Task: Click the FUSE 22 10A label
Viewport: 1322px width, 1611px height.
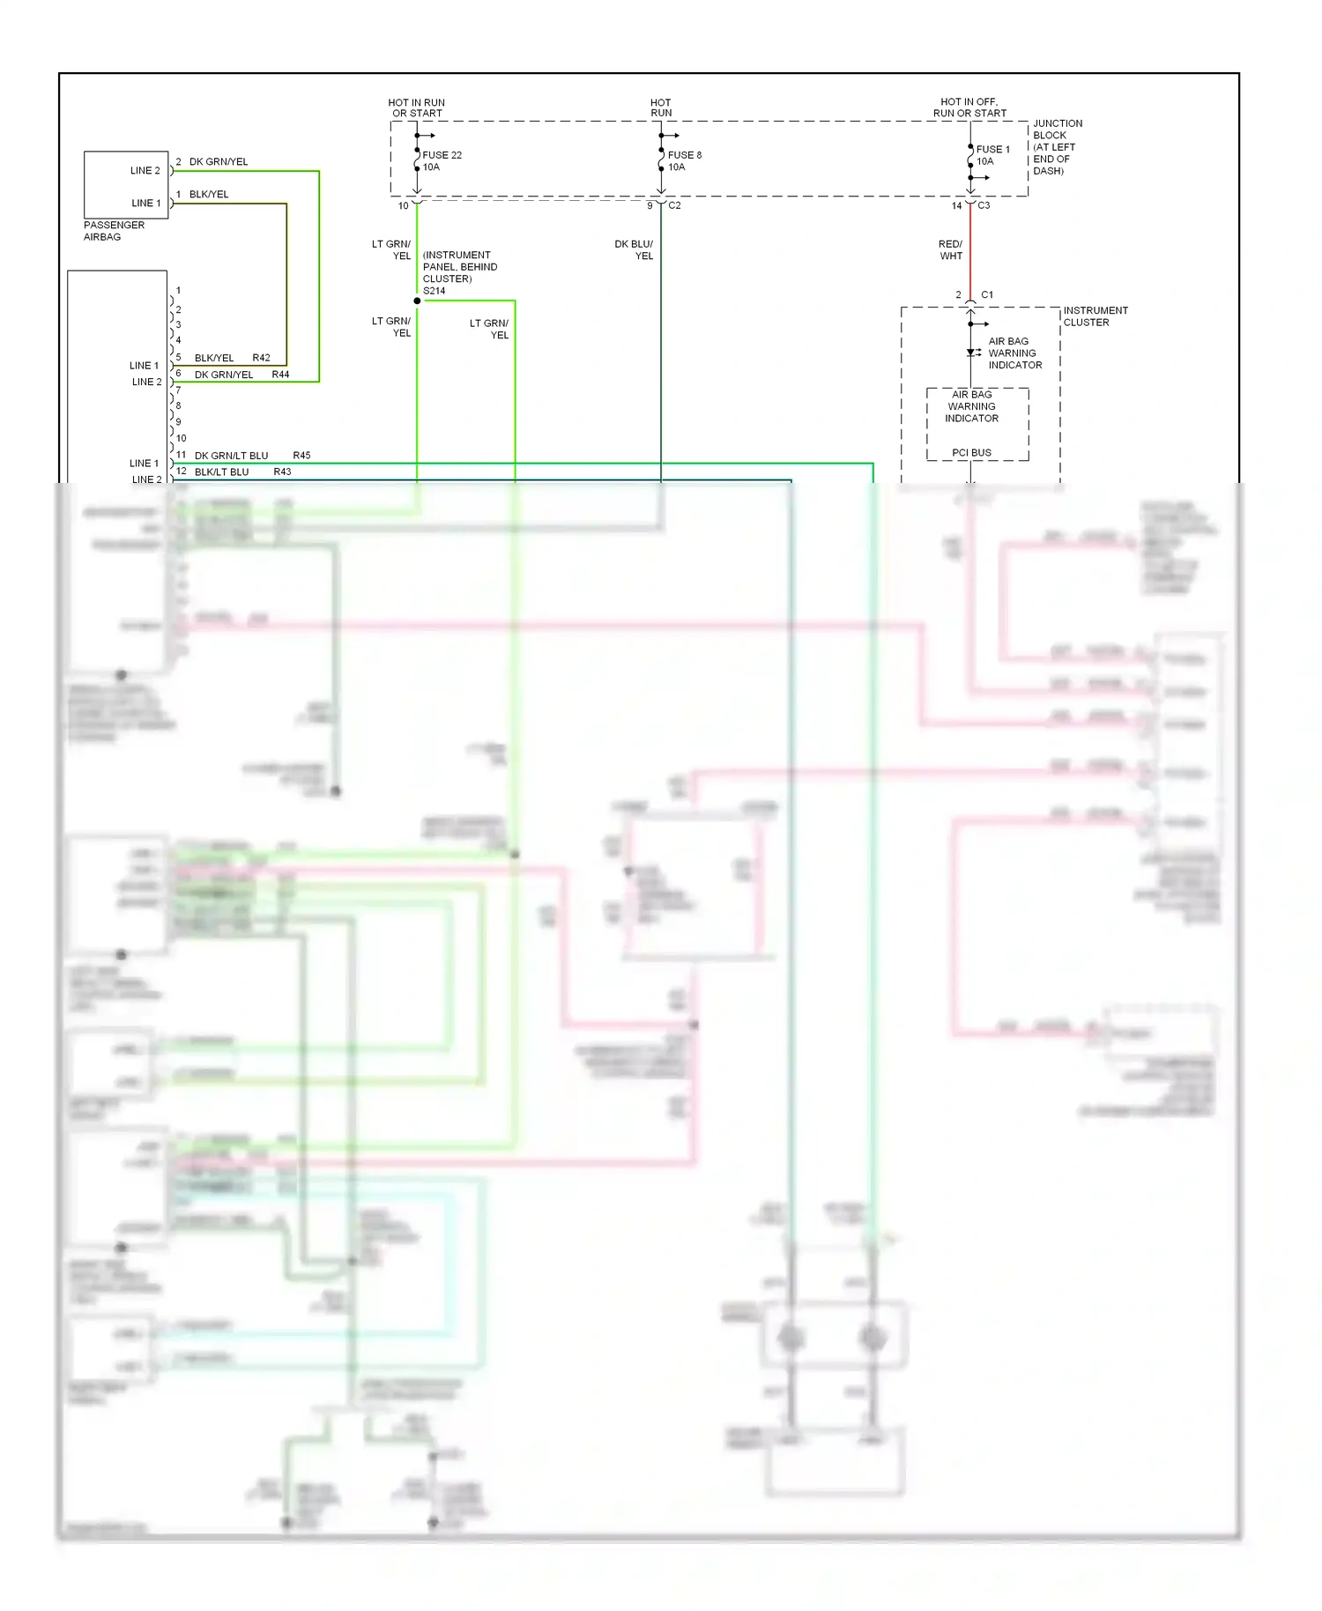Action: (442, 161)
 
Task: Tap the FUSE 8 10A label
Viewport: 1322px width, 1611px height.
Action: (684, 161)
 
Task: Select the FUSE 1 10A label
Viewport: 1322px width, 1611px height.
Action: (992, 155)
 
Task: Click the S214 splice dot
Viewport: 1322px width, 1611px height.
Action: (417, 301)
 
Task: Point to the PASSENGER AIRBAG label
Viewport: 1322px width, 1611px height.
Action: (114, 231)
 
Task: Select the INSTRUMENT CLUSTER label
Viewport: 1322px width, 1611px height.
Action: (1095, 316)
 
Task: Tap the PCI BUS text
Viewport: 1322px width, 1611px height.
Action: (971, 453)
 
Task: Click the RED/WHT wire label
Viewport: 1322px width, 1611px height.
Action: (950, 250)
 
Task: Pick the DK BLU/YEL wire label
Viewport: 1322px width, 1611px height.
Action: (634, 250)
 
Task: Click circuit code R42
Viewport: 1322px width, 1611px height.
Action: (261, 358)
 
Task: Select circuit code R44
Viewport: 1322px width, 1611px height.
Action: (280, 375)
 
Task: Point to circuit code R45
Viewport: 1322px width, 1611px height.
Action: (301, 456)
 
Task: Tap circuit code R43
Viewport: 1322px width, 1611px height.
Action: (282, 471)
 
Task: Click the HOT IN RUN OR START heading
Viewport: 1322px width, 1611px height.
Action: (417, 108)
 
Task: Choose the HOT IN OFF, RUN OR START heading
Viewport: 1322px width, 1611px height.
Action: (969, 108)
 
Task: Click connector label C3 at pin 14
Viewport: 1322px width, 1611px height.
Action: (984, 205)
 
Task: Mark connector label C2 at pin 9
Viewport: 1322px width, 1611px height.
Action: (674, 205)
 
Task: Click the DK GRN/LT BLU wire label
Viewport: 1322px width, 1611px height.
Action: (231, 456)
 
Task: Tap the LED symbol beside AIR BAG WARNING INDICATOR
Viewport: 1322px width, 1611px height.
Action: (972, 353)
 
